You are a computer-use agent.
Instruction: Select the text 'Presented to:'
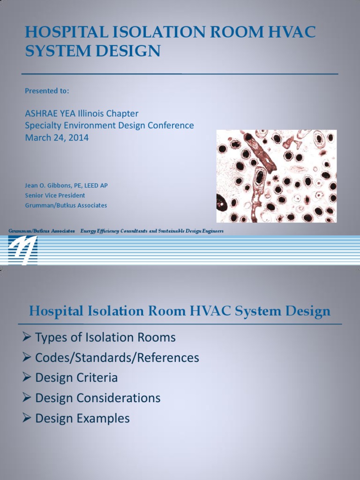47,91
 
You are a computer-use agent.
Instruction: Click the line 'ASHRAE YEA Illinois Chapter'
82,113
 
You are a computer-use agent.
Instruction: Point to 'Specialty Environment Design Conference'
109,126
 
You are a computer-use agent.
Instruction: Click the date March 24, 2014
57,138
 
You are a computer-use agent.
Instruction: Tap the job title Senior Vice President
55,195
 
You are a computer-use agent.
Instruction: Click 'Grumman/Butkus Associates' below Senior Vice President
66,205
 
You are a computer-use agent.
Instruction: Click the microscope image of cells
276,176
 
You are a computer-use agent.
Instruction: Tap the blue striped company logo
22,249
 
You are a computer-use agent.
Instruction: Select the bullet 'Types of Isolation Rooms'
105,337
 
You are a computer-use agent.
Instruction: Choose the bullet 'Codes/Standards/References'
117,358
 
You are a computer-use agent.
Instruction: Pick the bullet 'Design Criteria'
76,378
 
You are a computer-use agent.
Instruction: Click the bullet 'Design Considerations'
98,398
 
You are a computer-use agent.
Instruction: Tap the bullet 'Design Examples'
82,418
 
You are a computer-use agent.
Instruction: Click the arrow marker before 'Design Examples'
27,418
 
